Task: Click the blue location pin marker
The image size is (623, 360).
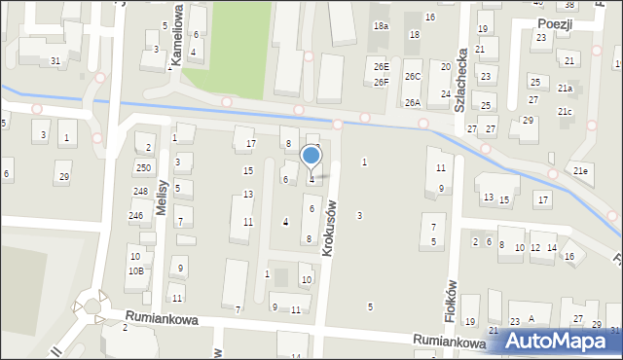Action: (311, 157)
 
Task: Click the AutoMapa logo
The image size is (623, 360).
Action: (558, 340)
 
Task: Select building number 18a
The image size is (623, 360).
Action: (381, 26)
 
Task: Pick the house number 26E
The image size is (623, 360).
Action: (382, 66)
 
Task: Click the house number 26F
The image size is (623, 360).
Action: (382, 82)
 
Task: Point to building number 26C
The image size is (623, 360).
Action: (413, 76)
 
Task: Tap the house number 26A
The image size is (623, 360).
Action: (413, 102)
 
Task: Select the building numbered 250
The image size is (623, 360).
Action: (144, 168)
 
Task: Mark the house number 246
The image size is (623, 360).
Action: (136, 215)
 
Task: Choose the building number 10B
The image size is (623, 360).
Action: (136, 271)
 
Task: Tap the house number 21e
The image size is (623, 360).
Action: (581, 171)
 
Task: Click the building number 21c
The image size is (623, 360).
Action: (565, 111)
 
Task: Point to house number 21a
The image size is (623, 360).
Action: (565, 88)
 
